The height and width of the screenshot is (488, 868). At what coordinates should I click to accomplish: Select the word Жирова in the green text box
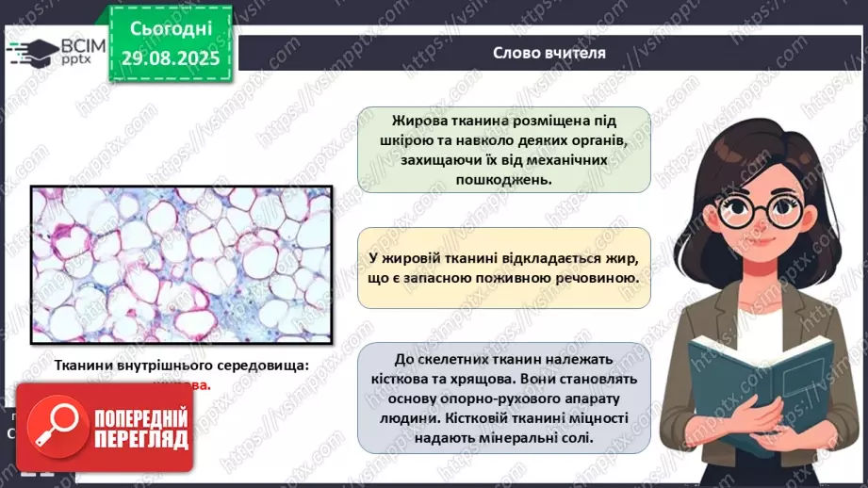423,122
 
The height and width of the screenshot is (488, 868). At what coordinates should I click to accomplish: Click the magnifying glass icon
53,429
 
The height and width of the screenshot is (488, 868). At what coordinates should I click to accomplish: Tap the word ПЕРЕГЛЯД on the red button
139,440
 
